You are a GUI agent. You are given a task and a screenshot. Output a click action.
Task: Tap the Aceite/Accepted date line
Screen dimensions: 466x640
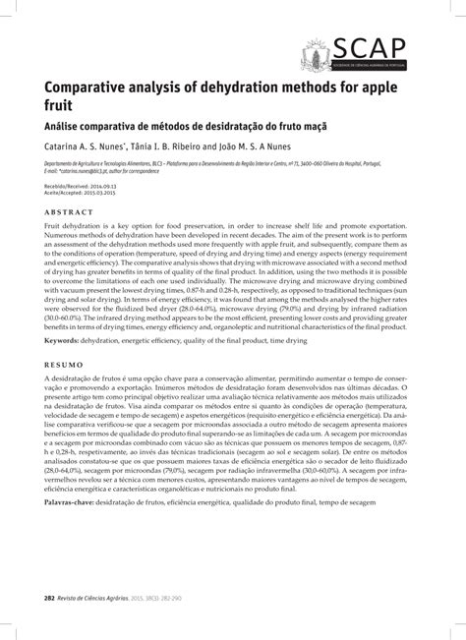(78, 191)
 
